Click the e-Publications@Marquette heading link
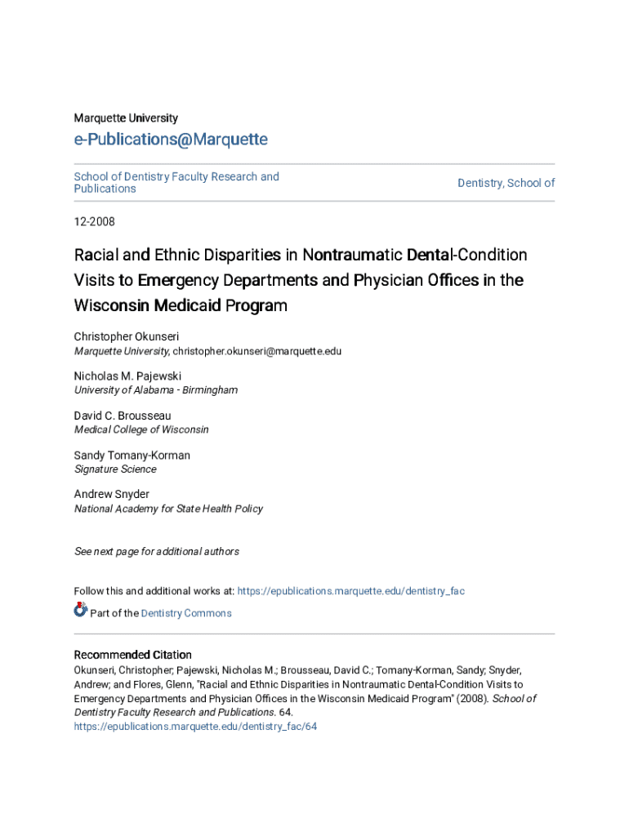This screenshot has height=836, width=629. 171,140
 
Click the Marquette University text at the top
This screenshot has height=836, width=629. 126,118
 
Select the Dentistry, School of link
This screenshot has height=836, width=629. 506,183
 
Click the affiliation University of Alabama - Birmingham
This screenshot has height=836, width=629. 156,390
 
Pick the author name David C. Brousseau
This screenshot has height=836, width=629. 123,416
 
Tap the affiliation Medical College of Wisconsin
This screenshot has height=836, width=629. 141,429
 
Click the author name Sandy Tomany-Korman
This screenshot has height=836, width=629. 132,455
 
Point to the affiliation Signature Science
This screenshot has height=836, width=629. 115,469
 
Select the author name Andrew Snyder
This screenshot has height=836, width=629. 112,494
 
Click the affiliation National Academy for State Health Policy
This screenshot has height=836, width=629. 168,509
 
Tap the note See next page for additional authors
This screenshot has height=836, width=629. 157,552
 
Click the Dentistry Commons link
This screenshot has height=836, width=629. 186,613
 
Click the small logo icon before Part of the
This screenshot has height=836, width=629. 80,610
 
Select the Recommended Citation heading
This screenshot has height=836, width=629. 133,655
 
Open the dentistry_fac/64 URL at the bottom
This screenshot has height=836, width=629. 195,726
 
